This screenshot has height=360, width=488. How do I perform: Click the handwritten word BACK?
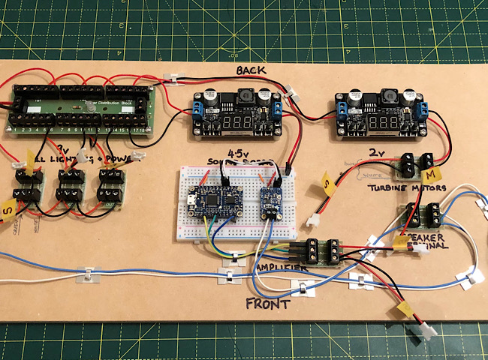click(253, 70)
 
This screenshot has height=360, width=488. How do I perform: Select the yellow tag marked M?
click(431, 174)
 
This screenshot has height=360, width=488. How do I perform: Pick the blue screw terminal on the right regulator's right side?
click(423, 112)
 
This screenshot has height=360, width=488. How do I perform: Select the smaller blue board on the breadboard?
click(271, 202)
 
